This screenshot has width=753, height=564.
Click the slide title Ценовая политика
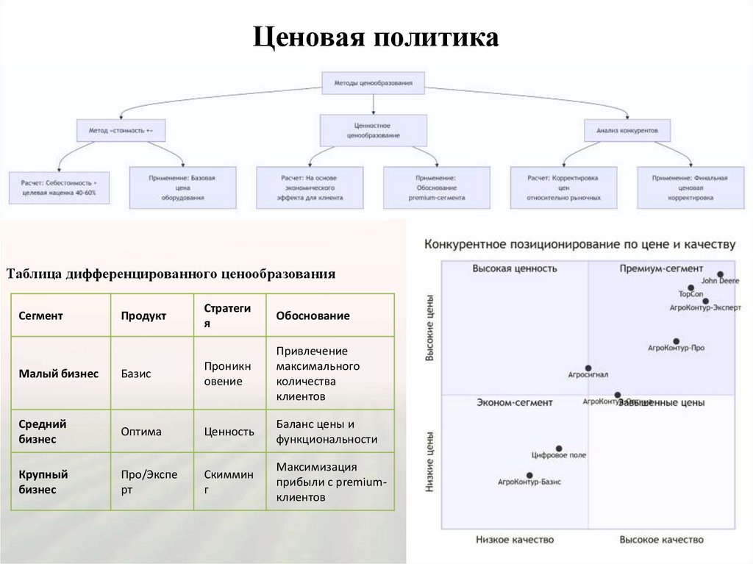click(x=376, y=38)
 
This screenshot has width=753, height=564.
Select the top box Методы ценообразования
click(x=374, y=83)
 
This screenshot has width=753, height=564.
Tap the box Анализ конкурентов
click(x=627, y=130)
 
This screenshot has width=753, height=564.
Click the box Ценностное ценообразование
click(x=373, y=130)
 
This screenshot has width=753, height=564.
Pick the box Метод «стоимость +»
click(x=121, y=130)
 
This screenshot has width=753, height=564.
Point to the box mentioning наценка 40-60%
click(x=58, y=187)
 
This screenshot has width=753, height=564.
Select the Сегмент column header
click(x=41, y=315)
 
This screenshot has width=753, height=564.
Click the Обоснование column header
click(x=313, y=315)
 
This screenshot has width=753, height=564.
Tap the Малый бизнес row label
click(x=59, y=374)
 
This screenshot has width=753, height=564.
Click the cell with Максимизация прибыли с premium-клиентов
click(x=329, y=482)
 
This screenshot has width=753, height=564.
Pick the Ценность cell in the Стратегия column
click(x=229, y=432)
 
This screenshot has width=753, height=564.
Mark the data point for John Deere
click(x=720, y=274)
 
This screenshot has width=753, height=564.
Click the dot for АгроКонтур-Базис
click(x=529, y=475)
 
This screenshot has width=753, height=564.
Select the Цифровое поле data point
click(x=559, y=448)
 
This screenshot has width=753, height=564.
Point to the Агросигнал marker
click(x=588, y=368)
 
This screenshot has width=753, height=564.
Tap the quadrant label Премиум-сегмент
click(x=660, y=268)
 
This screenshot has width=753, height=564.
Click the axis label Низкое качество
click(x=515, y=540)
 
